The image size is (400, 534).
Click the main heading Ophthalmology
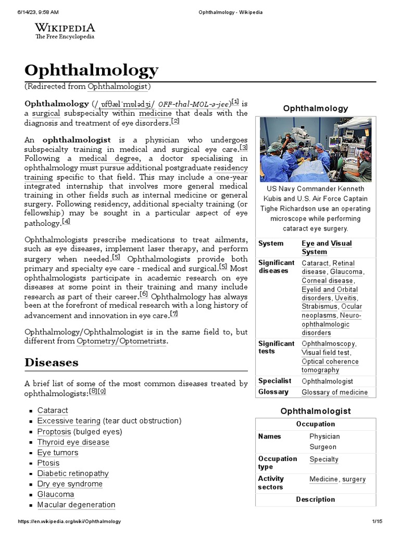point(92,70)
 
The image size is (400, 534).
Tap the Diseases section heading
point(52,362)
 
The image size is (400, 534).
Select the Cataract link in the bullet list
point(53,410)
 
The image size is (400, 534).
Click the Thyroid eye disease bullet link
point(73,442)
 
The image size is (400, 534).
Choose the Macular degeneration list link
point(76,505)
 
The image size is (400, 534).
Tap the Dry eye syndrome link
point(70,484)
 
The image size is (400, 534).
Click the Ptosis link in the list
point(48,463)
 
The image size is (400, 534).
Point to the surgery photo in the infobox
point(315,149)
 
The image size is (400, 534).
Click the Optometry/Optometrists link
point(121,342)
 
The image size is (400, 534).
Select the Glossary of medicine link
point(334,392)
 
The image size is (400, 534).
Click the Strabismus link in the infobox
point(318,307)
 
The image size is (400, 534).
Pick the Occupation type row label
point(277,463)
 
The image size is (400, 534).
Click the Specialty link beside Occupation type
point(323,459)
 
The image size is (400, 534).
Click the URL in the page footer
point(69,521)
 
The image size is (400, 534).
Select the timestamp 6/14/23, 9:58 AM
point(34,11)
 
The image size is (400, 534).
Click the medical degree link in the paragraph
point(109,159)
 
